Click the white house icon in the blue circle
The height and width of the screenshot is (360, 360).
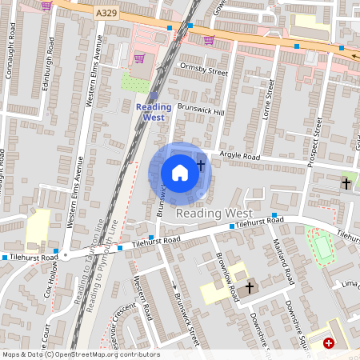pyautogui.click(x=179, y=172)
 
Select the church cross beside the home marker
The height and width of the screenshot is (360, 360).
pyautogui.click(x=201, y=166)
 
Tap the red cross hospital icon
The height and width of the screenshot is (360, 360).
pyautogui.click(x=329, y=343)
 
